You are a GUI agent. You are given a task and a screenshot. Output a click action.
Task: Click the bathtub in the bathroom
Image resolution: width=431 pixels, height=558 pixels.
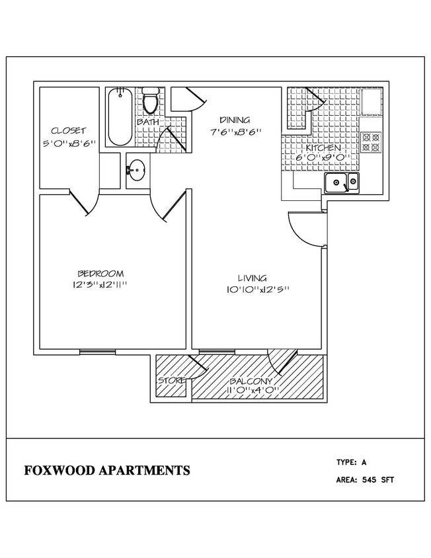[120, 116]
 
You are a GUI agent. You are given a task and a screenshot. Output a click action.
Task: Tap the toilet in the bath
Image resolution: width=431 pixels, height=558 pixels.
[150, 101]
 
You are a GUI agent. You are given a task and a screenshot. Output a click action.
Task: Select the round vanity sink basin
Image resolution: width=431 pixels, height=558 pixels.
[136, 171]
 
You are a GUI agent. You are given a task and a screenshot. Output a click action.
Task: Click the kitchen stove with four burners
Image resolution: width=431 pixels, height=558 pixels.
[370, 141]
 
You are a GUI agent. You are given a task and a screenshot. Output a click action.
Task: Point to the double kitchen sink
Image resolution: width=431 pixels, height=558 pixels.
[341, 182]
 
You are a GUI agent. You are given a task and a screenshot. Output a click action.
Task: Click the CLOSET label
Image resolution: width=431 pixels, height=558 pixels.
[68, 131]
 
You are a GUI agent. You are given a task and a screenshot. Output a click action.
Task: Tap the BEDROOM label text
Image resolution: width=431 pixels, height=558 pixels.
[100, 273]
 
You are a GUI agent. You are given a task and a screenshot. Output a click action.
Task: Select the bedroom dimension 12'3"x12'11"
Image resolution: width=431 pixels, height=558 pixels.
[100, 285]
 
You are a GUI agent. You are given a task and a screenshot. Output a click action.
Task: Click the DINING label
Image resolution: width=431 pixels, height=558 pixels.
[235, 120]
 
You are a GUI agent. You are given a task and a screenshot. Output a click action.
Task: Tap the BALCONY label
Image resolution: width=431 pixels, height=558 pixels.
[251, 381]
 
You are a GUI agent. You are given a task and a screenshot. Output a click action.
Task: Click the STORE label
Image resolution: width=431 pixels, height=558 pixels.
[171, 381]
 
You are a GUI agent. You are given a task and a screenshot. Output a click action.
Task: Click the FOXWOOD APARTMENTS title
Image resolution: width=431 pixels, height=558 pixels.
[107, 471]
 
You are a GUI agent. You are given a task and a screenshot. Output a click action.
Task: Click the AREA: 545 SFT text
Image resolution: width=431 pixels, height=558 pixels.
[365, 480]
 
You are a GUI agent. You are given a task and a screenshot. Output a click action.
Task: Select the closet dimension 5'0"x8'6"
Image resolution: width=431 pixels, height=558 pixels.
[68, 143]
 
